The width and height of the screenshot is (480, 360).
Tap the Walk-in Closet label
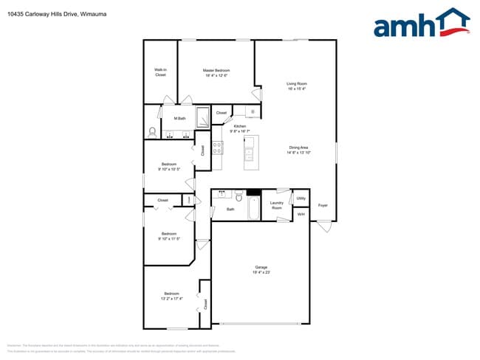(160, 72)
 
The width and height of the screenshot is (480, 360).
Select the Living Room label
(297, 83)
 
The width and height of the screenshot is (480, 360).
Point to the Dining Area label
(298, 148)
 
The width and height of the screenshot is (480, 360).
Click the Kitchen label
(239, 126)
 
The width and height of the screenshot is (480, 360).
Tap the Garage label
(261, 267)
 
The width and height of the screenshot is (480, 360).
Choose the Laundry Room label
(277, 205)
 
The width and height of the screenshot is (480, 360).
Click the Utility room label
(301, 198)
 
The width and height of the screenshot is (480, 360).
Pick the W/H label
(301, 214)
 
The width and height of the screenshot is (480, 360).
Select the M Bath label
(179, 118)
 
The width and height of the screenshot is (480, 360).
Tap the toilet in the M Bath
(152, 132)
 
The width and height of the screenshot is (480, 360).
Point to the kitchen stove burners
(218, 147)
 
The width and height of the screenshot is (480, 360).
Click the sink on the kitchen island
(250, 154)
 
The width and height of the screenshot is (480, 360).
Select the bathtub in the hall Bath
(254, 208)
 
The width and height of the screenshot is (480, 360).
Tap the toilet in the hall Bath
(239, 197)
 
